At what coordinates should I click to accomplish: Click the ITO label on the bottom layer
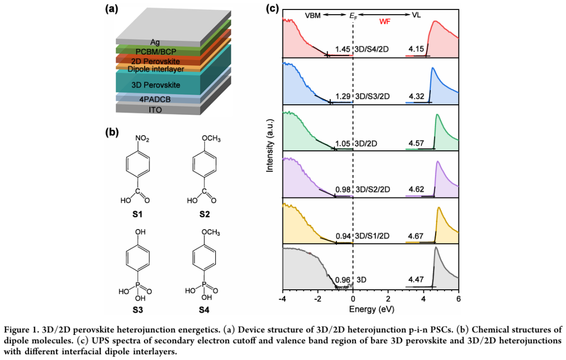(x=156, y=110)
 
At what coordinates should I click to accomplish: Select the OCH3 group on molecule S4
(x=209, y=231)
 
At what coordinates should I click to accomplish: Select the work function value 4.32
(x=416, y=96)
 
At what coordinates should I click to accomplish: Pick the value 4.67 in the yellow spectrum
(x=416, y=235)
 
